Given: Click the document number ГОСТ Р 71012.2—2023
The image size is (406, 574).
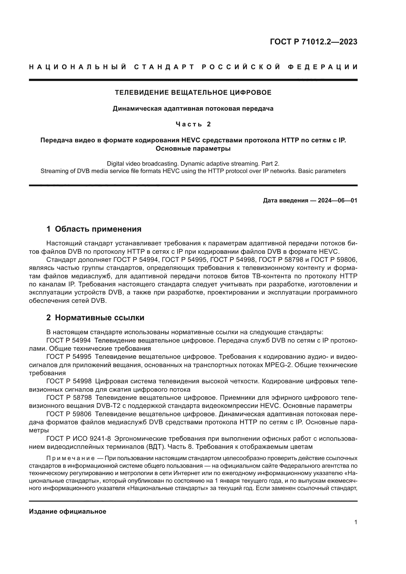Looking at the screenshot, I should click(313, 42).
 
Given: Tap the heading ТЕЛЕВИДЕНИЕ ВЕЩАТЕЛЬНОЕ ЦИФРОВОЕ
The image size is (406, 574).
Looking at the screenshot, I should click(193, 93).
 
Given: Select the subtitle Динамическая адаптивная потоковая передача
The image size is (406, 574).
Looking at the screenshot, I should click(193, 108).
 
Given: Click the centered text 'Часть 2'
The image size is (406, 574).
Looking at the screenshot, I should click(193, 124).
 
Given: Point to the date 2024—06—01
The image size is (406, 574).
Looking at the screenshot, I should click(337, 200).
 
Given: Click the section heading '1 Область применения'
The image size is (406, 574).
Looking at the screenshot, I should click(94, 229).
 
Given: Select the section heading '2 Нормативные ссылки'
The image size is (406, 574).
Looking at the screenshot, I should click(95, 318).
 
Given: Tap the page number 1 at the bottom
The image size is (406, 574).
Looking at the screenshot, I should click(355, 522).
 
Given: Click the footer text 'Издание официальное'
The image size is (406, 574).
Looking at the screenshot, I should click(68, 511).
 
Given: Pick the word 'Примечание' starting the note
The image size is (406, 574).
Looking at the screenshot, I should click(70, 458).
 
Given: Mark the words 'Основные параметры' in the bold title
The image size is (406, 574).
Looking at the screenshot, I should click(193, 149).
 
